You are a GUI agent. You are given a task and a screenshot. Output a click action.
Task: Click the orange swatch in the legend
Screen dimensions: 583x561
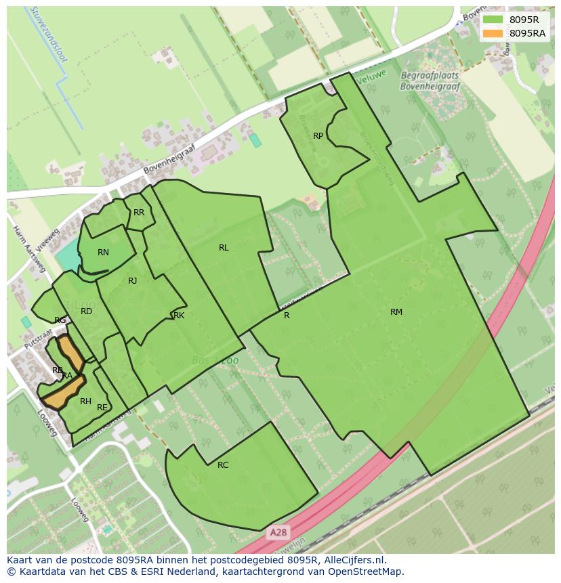pos(493,33)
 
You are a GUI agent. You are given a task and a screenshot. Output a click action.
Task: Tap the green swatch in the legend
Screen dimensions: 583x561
pos(493,20)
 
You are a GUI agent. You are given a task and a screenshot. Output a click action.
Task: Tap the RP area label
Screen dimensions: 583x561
pos(318,136)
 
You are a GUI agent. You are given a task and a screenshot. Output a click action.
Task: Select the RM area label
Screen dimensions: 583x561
pos(396,312)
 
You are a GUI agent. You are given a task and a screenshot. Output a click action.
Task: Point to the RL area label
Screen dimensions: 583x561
pos(224,248)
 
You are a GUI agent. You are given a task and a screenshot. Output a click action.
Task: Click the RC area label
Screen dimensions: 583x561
pos(223,465)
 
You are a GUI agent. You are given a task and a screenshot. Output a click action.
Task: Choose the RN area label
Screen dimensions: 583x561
pos(103,253)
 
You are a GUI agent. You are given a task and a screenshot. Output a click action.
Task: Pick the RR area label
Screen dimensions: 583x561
pos(139,213)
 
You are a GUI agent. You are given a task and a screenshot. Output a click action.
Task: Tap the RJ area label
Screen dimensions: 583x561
pos(133,281)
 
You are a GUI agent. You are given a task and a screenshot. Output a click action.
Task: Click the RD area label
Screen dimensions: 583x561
pos(86,311)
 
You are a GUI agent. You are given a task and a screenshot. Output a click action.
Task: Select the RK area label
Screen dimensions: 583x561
pos(179,316)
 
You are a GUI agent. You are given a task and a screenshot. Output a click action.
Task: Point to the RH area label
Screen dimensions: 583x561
pos(85,402)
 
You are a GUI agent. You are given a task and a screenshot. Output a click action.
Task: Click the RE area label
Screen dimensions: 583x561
pos(102,408)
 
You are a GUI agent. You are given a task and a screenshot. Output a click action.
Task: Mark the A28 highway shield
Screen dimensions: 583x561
pos(277,532)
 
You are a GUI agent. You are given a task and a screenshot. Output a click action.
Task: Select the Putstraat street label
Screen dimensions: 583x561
pos(38,334)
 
